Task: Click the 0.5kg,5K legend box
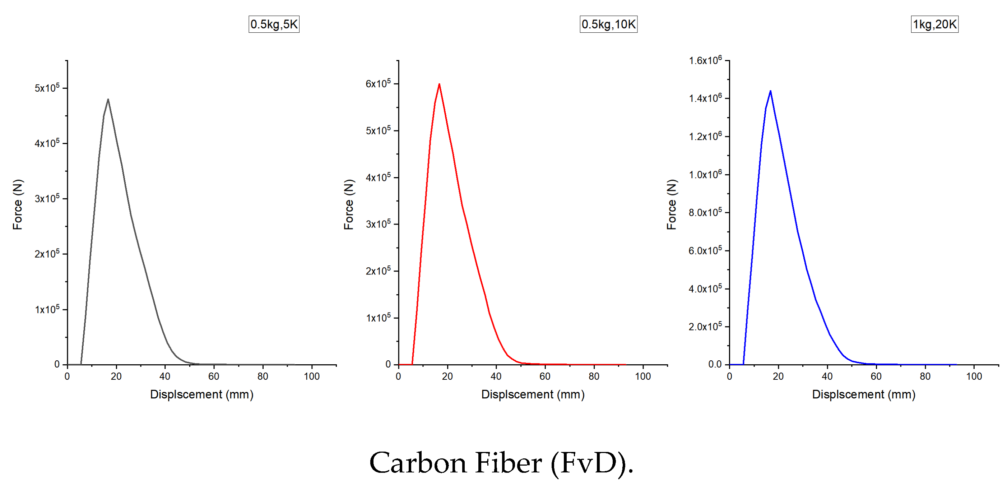(274, 24)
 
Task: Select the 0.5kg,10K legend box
(608, 24)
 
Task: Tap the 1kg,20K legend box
(934, 24)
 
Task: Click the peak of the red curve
(439, 84)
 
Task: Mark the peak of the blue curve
(770, 91)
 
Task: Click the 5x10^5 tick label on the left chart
(47, 88)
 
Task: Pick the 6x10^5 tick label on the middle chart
(378, 84)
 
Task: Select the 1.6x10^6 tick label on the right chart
(705, 60)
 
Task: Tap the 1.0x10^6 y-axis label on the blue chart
(705, 175)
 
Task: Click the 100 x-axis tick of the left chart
(312, 376)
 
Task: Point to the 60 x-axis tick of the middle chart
(545, 376)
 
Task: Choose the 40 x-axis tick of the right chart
(827, 376)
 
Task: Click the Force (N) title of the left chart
(18, 204)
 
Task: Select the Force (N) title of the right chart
(671, 204)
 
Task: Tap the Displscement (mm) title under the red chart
(533, 394)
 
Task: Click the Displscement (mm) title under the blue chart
(864, 394)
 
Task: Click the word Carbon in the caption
(418, 463)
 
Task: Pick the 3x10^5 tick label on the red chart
(378, 224)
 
